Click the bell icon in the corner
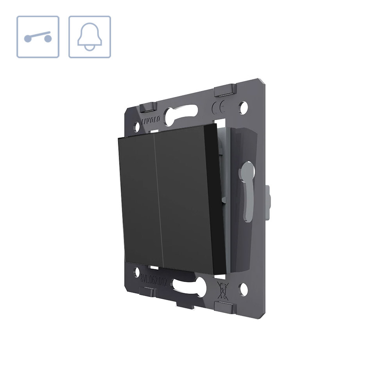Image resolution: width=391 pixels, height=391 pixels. click(90, 37)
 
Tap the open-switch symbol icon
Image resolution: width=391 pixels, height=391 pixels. click(38, 37)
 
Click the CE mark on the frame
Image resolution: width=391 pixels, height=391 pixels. click(217, 107)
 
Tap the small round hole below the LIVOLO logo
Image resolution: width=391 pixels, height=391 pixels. click(137, 127)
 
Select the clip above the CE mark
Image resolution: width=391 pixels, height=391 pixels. click(224, 91)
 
